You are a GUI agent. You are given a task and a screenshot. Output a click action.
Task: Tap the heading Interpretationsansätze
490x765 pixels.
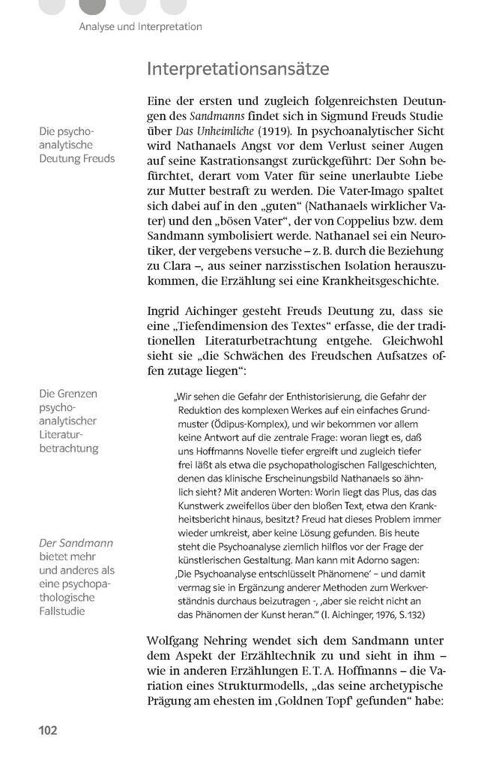pos(238,69)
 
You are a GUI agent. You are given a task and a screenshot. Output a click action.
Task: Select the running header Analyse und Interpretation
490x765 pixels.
pos(141,26)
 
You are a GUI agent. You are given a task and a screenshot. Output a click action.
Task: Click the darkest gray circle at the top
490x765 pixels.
pos(92,6)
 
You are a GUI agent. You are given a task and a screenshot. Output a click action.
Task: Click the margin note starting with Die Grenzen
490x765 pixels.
pos(68,394)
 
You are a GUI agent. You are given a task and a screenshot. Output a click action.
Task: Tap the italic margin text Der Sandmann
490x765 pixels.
pos(76,543)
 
